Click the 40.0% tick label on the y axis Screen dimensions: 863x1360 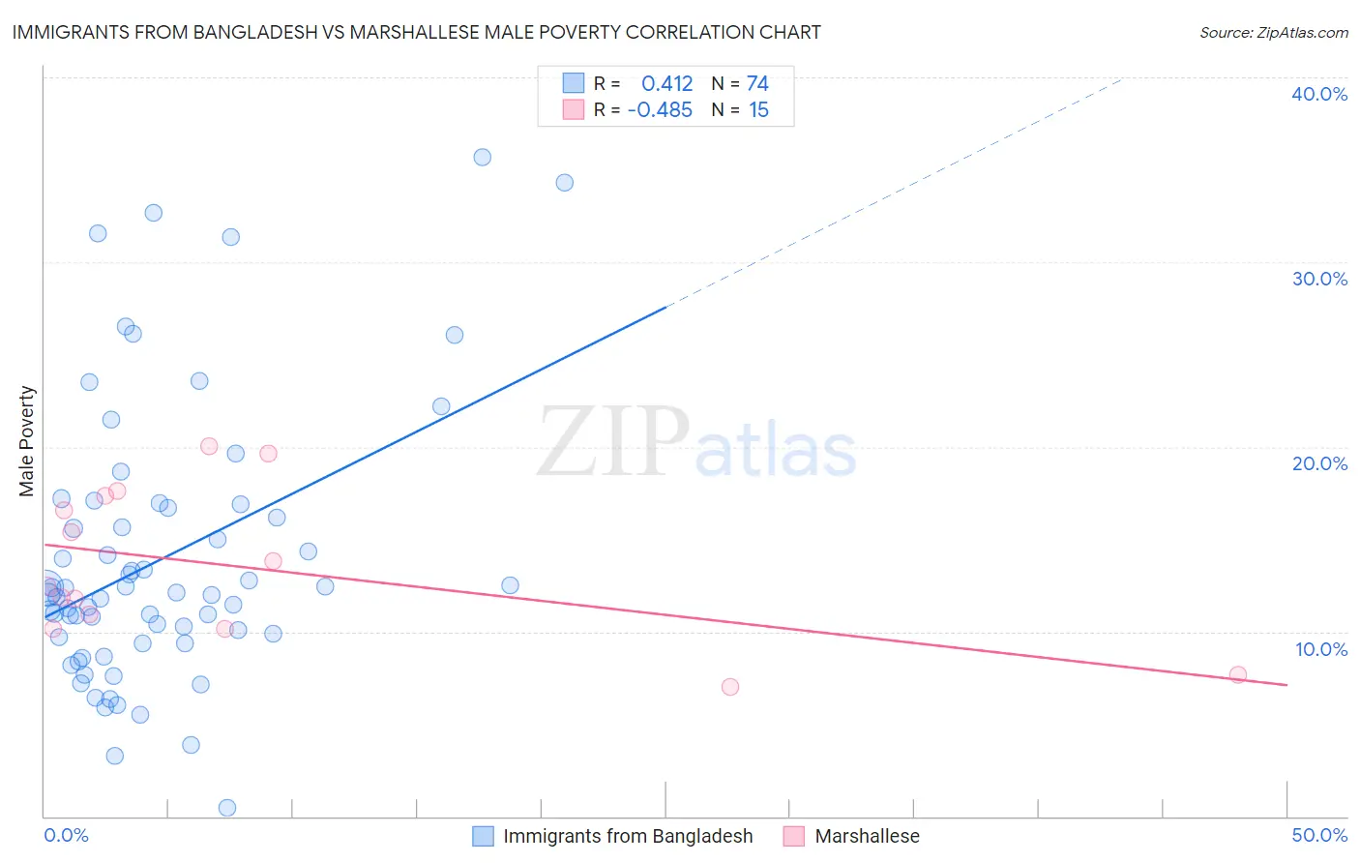[1319, 94]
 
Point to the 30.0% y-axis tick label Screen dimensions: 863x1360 [1319, 279]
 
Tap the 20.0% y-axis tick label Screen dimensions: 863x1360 [1319, 463]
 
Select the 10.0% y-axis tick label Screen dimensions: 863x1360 [1321, 649]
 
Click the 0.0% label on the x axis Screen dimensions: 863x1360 [66, 835]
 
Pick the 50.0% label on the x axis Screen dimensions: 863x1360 [1319, 835]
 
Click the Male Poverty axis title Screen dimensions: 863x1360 [27, 441]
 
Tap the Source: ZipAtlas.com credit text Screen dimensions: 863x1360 [1273, 33]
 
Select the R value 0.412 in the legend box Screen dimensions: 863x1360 [666, 84]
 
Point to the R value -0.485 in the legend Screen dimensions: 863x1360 [660, 110]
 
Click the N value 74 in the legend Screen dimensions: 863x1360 [757, 84]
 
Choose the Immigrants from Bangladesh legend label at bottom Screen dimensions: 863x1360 [628, 836]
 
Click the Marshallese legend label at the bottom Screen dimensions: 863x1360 [867, 836]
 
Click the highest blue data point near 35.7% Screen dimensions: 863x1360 [482, 157]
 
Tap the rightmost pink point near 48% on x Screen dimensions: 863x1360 [1238, 674]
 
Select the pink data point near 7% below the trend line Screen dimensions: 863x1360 [730, 687]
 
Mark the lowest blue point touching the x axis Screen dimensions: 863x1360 [227, 807]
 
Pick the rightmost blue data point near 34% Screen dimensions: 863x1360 [565, 183]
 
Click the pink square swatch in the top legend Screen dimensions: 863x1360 [574, 110]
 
